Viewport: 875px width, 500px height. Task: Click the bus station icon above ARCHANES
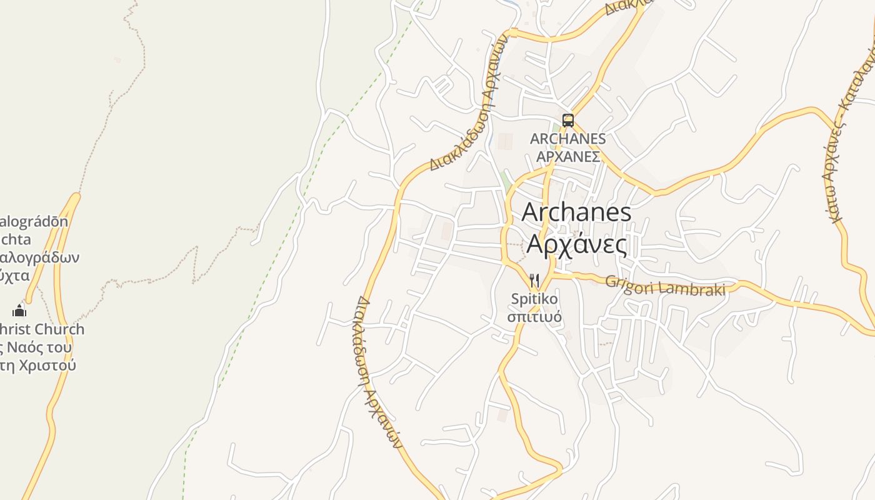coord(567,121)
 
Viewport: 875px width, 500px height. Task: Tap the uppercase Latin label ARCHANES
coord(567,139)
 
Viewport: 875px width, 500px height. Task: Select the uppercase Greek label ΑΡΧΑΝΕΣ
coord(568,156)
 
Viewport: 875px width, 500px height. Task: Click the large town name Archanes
coord(576,212)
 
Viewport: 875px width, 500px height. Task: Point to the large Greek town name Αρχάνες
coord(576,244)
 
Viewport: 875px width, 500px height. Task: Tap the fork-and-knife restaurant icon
coord(534,280)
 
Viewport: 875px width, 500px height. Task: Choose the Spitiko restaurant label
coord(534,299)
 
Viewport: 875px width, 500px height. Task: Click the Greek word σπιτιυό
coord(534,316)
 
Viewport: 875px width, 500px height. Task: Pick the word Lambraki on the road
coord(694,289)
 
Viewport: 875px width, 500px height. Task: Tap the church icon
coord(19,310)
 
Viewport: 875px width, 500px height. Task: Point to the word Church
coord(59,329)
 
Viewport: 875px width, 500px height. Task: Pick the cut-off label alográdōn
coord(34,221)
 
